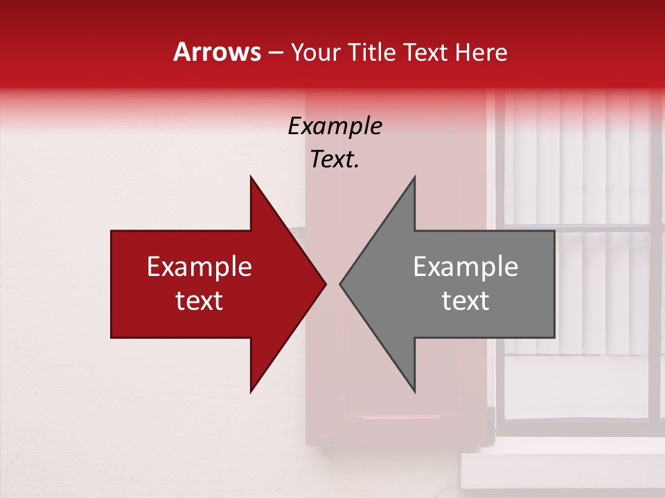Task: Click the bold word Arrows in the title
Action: [218, 52]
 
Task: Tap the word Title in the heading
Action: [371, 52]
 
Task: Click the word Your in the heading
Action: [315, 53]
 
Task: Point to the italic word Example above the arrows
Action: [335, 127]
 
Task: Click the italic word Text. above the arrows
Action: [335, 160]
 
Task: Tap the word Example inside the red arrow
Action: [199, 267]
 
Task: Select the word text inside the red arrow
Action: [199, 301]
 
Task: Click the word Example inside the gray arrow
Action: [465, 267]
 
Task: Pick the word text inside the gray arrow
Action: [465, 301]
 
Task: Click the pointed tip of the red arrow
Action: [324, 284]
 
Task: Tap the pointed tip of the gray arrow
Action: [342, 284]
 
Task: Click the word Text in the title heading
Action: [426, 52]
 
